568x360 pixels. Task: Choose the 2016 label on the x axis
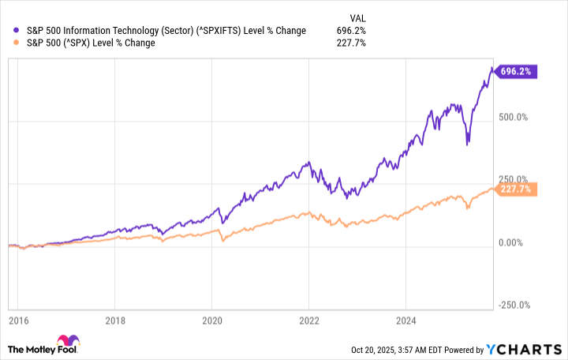click(x=17, y=321)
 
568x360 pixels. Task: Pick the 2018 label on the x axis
click(x=114, y=321)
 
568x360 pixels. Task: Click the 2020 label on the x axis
click(x=211, y=321)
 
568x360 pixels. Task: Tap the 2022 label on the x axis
click(x=308, y=321)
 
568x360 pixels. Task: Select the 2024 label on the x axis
click(x=405, y=321)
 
